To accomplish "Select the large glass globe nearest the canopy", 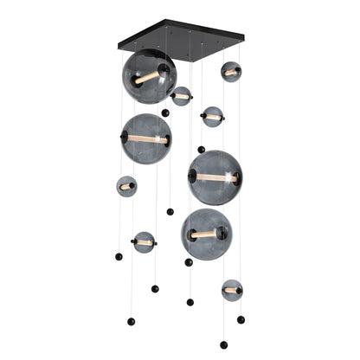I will tap(149, 76).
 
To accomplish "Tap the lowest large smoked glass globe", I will tap(206, 234).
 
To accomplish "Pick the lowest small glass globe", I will tap(231, 290).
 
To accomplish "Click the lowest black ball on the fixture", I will tap(224, 344).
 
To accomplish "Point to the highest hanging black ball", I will tap(165, 112).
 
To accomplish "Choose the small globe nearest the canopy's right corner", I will tap(230, 72).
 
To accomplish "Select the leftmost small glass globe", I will tap(126, 186).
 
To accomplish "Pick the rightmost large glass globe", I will tap(215, 177).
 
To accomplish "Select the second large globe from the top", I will tap(145, 138).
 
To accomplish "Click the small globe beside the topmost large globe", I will tap(181, 96).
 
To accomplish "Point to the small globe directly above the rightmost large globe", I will tap(212, 117).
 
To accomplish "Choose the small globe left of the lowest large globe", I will tap(144, 242).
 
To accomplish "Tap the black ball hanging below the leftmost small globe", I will tap(118, 256).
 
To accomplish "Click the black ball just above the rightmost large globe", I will tap(201, 149).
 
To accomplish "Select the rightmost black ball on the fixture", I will tap(241, 319).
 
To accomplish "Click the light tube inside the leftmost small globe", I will tap(126, 186).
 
